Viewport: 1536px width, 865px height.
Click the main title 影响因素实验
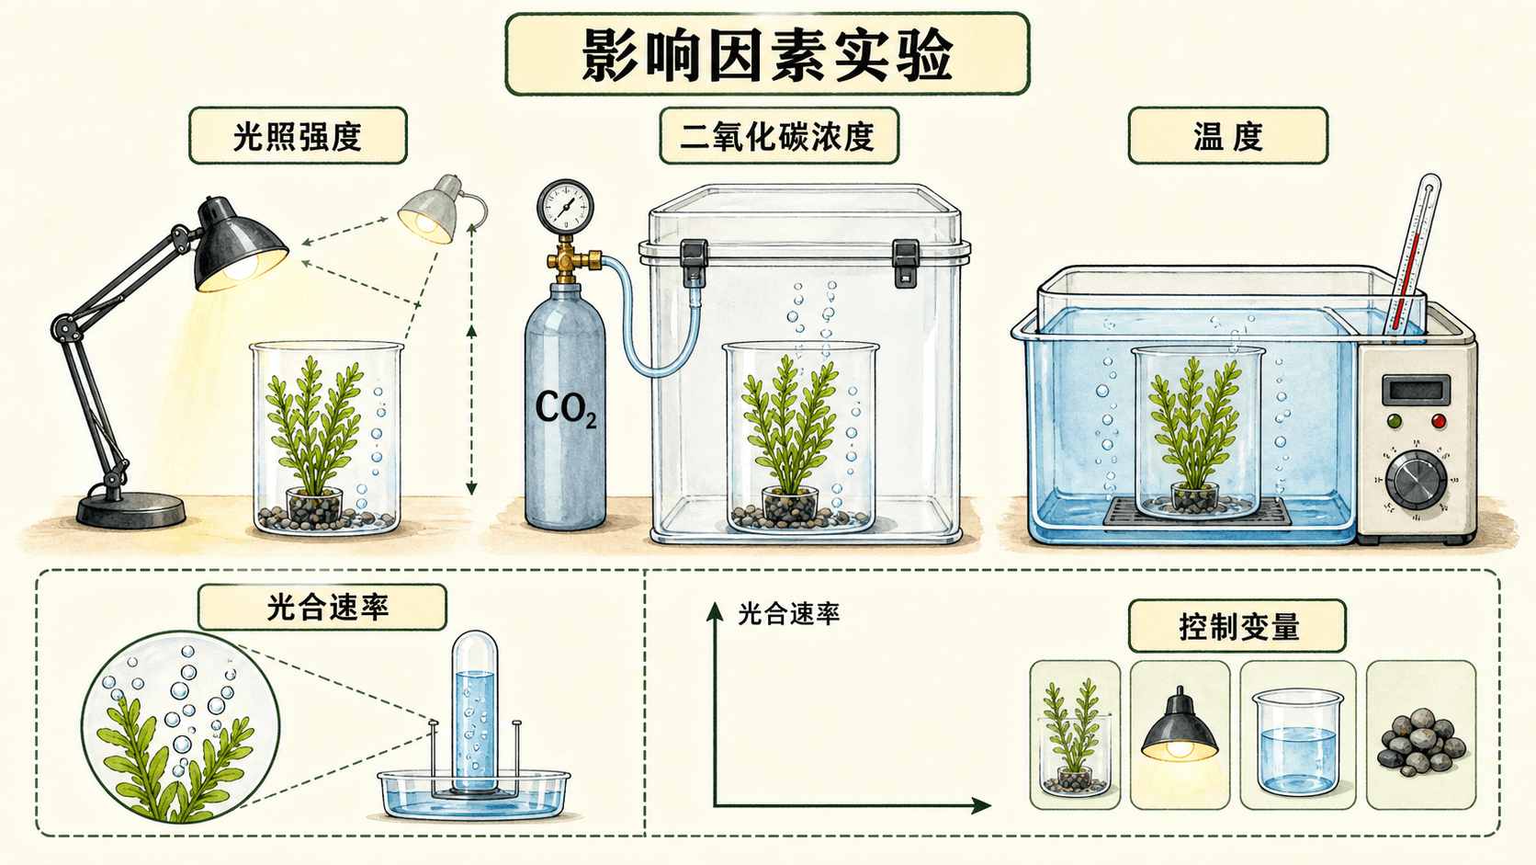click(x=767, y=54)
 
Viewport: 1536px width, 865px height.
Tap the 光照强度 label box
click(x=298, y=136)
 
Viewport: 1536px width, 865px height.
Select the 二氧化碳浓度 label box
click(x=779, y=136)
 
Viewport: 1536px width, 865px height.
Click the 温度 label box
click(x=1228, y=136)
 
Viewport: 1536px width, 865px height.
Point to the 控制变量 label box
click(x=1237, y=626)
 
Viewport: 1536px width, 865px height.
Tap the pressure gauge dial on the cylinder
click(x=565, y=207)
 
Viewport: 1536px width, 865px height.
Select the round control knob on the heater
click(x=1416, y=480)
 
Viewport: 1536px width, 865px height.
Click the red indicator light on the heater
click(x=1439, y=421)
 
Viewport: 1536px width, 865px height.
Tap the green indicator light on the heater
click(x=1394, y=421)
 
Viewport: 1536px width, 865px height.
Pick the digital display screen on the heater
click(x=1416, y=389)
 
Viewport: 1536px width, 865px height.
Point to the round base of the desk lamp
click(x=131, y=509)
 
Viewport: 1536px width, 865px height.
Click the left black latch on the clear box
click(x=694, y=262)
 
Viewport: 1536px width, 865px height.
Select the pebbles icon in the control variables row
click(x=1421, y=742)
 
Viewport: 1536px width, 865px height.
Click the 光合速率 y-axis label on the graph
click(x=788, y=614)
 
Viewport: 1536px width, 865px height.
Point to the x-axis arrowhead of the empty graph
click(x=981, y=805)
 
